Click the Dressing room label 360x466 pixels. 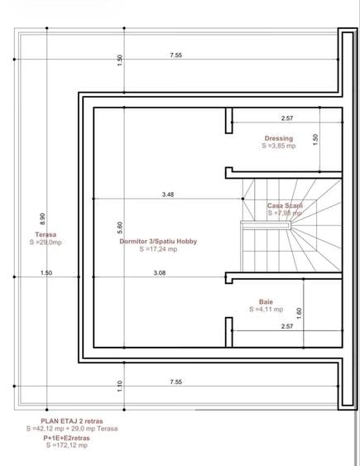click(x=279, y=138)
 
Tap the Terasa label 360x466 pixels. click(x=46, y=234)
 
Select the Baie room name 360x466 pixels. click(x=266, y=301)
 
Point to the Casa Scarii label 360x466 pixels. click(x=285, y=205)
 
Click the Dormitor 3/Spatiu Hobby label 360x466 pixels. click(x=158, y=242)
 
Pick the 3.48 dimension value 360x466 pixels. click(x=168, y=195)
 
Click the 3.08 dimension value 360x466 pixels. click(x=160, y=273)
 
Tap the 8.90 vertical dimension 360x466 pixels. click(x=42, y=219)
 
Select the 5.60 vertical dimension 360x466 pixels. click(x=120, y=228)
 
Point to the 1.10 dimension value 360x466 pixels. click(x=120, y=386)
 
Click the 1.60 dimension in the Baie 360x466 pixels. click(x=299, y=313)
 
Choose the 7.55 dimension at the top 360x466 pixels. click(x=175, y=55)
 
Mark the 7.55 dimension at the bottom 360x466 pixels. click(x=175, y=382)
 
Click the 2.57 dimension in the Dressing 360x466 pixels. click(x=287, y=118)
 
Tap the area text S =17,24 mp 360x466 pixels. click(x=158, y=249)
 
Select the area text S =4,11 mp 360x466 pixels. click(x=266, y=310)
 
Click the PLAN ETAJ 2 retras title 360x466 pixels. click(x=72, y=421)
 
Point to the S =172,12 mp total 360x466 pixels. click(x=67, y=445)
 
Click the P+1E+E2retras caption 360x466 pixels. click(x=66, y=438)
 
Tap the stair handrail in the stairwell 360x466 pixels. click(x=266, y=225)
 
